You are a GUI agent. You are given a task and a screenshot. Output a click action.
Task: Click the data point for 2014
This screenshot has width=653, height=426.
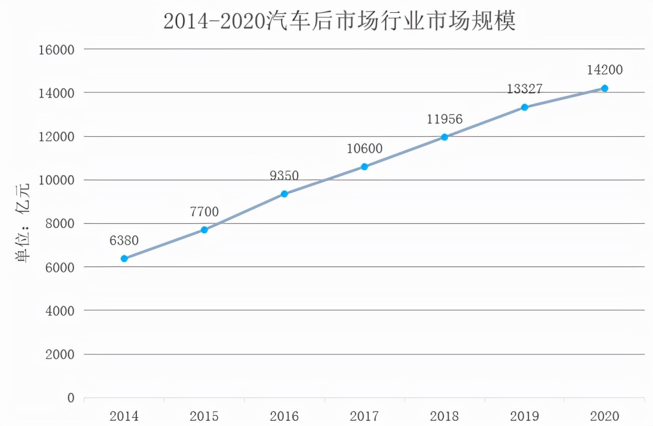point(124,258)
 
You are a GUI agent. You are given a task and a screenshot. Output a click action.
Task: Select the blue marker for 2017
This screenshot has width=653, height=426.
point(364,166)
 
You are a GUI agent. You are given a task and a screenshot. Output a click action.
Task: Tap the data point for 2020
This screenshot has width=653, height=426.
point(604,88)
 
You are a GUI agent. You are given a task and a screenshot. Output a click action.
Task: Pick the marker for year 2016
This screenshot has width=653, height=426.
point(284,194)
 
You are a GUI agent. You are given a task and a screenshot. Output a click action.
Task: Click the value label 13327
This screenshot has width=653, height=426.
point(524,89)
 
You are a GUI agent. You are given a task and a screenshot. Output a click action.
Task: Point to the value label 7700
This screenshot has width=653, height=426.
point(204,211)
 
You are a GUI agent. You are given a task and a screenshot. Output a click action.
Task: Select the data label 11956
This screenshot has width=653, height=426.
point(445,119)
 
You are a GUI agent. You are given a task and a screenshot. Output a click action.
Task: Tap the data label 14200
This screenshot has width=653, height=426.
point(604,69)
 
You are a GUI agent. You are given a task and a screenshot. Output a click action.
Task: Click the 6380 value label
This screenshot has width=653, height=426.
point(124,240)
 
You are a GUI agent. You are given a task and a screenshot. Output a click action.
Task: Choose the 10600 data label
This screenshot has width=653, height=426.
point(364,149)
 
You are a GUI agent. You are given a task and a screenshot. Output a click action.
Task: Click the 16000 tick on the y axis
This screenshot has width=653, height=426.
point(57,50)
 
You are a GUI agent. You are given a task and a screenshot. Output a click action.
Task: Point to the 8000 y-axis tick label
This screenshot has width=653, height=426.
point(60,224)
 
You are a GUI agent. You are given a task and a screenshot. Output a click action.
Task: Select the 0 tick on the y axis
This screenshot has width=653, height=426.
point(71,398)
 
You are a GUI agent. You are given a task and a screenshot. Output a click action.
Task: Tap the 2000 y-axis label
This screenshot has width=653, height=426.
point(60,354)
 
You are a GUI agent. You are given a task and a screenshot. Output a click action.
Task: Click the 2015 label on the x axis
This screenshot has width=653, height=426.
point(204,416)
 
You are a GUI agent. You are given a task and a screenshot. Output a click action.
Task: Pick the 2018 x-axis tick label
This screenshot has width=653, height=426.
point(444,416)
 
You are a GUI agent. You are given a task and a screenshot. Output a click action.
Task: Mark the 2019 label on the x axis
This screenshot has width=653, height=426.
point(524,416)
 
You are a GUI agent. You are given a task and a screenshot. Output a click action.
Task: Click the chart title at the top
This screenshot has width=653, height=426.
point(339,21)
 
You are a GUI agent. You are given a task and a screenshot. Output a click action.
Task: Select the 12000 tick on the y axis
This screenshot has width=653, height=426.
point(57,137)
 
